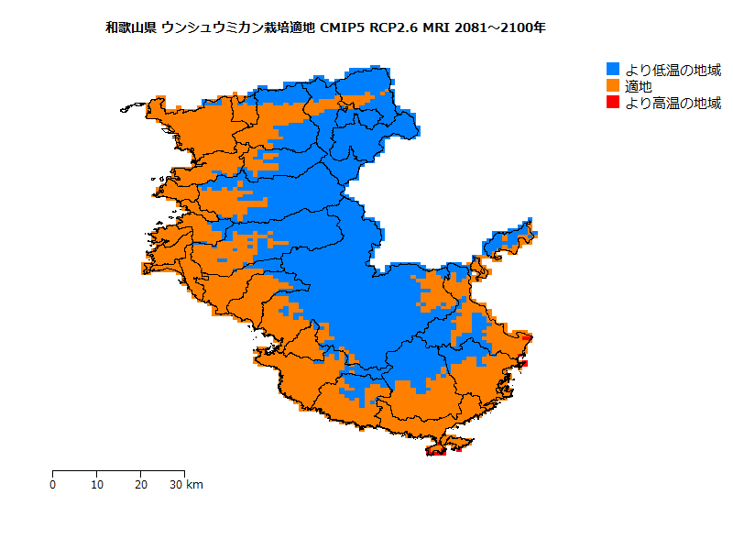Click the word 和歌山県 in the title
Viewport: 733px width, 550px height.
tap(131, 28)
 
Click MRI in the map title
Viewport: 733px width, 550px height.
tap(437, 28)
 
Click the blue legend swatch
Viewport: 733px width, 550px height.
tap(613, 69)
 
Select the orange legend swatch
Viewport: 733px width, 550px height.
tap(613, 86)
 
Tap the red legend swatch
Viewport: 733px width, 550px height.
tap(613, 103)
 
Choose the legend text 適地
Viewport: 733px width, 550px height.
tap(639, 86)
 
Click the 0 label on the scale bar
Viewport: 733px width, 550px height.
tap(53, 485)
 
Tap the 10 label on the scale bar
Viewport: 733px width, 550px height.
tap(97, 485)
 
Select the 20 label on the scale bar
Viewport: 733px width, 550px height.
tap(141, 485)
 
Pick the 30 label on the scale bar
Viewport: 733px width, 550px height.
tap(176, 485)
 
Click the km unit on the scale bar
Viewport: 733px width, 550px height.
tap(194, 485)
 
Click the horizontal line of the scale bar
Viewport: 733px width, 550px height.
tap(119, 470)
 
